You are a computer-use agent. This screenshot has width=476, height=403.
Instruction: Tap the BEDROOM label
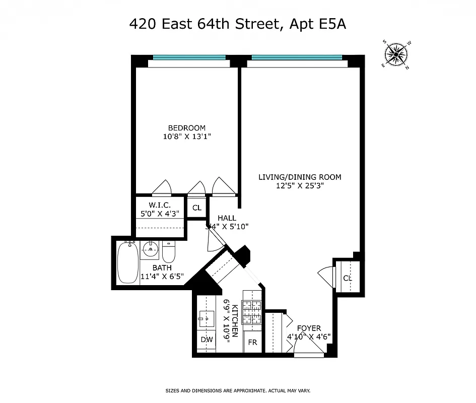click(x=187, y=128)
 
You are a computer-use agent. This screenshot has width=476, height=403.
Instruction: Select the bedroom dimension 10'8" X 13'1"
click(x=187, y=137)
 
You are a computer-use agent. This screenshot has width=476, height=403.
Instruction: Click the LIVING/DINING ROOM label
click(x=300, y=177)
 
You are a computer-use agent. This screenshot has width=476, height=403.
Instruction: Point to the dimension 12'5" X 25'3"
click(x=300, y=185)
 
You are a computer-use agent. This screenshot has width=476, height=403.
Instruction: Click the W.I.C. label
click(x=159, y=205)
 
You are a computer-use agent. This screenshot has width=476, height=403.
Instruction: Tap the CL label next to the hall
click(x=196, y=208)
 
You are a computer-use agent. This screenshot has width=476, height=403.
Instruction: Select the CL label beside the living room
click(x=348, y=278)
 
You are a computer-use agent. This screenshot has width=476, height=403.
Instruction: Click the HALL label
click(x=227, y=218)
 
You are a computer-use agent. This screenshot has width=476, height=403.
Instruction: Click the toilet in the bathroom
click(x=168, y=251)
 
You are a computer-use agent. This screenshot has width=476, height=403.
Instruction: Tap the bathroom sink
click(x=149, y=249)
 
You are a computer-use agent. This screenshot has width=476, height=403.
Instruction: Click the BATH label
click(x=162, y=267)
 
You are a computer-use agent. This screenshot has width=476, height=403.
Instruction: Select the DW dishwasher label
click(x=207, y=340)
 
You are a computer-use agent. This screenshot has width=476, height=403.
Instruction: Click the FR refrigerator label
click(x=253, y=342)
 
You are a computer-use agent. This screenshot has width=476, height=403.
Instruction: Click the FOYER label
click(x=309, y=328)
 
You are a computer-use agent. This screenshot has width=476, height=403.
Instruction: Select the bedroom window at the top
click(x=189, y=57)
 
